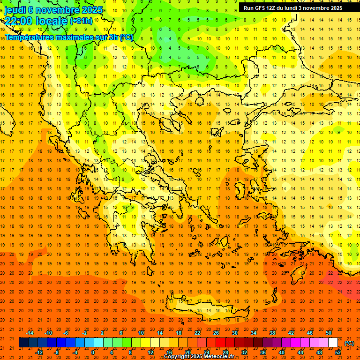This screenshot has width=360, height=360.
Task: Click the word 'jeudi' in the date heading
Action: [15, 9]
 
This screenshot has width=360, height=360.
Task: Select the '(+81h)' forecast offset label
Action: [81, 21]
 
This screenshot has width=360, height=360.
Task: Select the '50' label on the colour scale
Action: [329, 333]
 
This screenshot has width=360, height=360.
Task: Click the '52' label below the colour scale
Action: [338, 352]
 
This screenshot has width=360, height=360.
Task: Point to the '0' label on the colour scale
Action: [93, 352]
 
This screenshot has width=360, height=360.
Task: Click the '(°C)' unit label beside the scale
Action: [350, 343]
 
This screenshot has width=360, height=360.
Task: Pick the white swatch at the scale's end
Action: [333, 343]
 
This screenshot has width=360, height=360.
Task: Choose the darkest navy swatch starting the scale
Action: [23, 343]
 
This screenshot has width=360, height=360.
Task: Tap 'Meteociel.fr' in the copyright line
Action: [225, 357]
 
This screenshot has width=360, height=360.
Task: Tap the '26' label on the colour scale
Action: [216, 333]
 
